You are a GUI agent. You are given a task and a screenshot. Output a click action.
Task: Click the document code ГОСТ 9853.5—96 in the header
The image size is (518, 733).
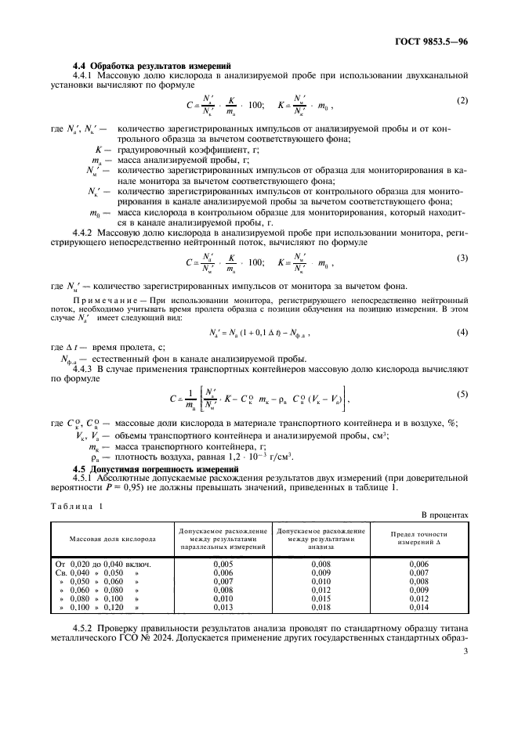431,40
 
